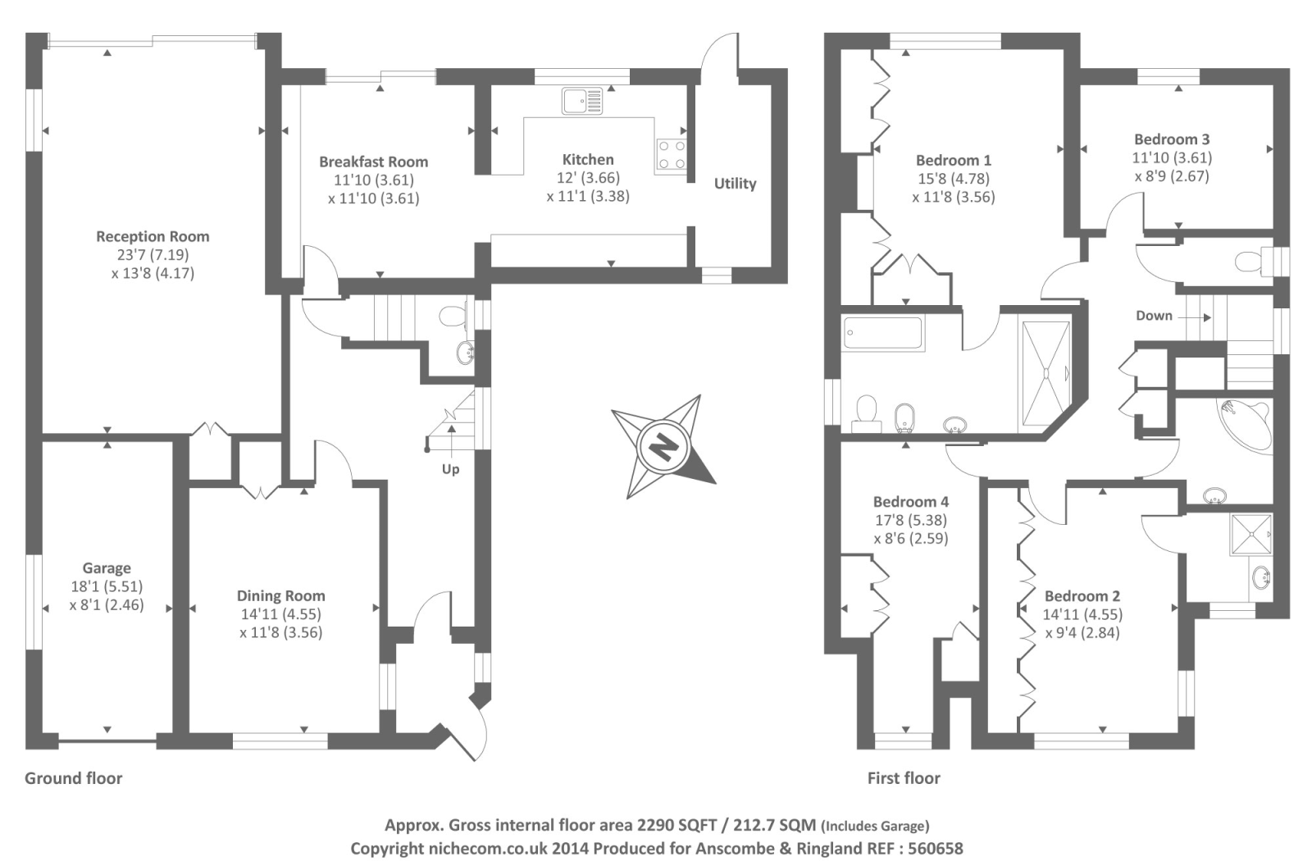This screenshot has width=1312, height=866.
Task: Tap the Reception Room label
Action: (x=153, y=237)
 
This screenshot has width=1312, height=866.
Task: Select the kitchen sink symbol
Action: (x=581, y=101)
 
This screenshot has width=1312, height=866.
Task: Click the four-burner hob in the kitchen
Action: (x=672, y=155)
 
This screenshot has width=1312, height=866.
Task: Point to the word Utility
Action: (x=735, y=184)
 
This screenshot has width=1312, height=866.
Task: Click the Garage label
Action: (x=107, y=568)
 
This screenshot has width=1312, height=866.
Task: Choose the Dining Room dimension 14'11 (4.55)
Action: (x=281, y=614)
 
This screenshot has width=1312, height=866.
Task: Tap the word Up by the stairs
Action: (x=450, y=470)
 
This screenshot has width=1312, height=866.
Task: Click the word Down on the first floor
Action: (x=1154, y=316)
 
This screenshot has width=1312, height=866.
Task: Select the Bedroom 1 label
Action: (x=954, y=160)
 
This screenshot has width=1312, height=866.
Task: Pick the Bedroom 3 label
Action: (x=1172, y=139)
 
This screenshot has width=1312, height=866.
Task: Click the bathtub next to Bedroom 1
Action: (x=883, y=334)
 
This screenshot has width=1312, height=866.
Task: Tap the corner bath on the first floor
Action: (x=1245, y=426)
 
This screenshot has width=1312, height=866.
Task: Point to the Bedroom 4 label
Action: (x=911, y=502)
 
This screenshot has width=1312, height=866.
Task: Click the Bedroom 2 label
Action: (x=1082, y=596)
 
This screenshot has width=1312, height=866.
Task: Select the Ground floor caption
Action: (x=73, y=779)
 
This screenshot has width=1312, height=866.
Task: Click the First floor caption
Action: (x=904, y=779)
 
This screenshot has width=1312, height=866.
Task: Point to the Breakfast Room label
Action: (x=374, y=162)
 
